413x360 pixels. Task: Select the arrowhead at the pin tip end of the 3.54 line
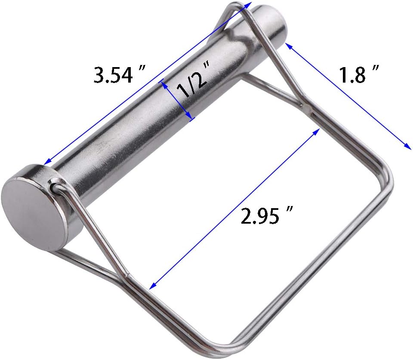pos(249,4)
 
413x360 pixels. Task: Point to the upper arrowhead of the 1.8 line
pos(287,46)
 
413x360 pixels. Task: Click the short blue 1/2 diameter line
pos(177,99)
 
